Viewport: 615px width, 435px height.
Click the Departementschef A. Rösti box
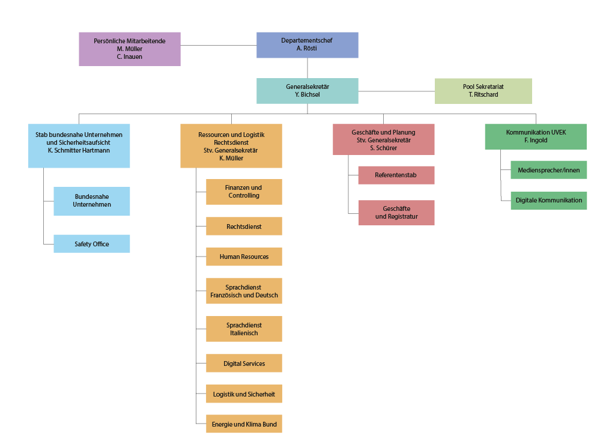click(x=307, y=45)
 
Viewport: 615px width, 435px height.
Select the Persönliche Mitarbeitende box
click(x=129, y=49)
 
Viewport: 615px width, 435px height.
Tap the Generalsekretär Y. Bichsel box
click(x=307, y=91)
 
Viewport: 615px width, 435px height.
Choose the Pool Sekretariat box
click(x=483, y=91)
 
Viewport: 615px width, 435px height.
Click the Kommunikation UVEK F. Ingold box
click(x=535, y=136)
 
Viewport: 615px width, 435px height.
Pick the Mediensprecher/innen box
click(x=548, y=170)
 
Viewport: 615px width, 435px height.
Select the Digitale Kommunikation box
click(x=548, y=200)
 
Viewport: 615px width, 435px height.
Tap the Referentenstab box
click(x=396, y=175)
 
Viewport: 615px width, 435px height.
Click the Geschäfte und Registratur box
click(x=396, y=213)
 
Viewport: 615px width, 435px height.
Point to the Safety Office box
click(x=91, y=244)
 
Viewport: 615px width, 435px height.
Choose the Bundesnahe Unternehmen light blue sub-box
click(x=91, y=201)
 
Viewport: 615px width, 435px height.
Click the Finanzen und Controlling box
click(x=243, y=192)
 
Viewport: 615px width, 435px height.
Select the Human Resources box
click(x=243, y=257)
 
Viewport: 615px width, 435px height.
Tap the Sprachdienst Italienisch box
click(x=243, y=329)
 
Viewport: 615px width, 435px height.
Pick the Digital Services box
click(x=243, y=364)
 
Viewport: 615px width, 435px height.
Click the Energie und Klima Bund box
click(x=243, y=424)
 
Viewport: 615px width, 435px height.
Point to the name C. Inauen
click(x=129, y=56)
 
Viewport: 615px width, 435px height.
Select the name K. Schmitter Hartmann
click(x=79, y=151)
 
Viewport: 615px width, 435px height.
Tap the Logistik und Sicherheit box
click(x=243, y=394)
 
